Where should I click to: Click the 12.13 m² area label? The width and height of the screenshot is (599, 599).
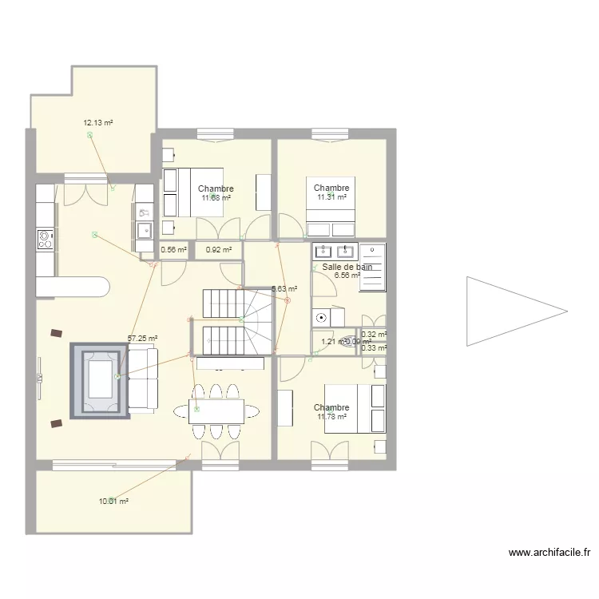pos(97,123)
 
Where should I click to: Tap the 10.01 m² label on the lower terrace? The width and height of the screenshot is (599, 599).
pos(113,502)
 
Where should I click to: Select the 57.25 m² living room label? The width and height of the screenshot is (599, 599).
pos(143,339)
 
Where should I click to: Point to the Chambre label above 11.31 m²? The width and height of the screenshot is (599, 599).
pos(331,188)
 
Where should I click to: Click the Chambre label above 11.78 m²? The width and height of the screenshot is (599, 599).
pos(331,407)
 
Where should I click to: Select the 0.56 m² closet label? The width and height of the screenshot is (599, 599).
pos(173,250)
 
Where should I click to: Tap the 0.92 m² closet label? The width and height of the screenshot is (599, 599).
pos(218,250)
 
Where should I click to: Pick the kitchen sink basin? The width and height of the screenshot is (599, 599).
pos(145,231)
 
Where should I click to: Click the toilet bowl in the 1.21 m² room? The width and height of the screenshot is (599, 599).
pos(349,343)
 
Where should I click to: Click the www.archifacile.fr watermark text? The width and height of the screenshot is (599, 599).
pos(549,552)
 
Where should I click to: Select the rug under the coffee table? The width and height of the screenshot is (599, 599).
pos(100,380)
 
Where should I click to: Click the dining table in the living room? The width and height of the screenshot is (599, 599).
pos(217,411)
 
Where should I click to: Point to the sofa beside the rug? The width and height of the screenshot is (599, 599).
pos(144,380)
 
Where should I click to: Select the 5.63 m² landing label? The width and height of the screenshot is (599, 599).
pos(284,289)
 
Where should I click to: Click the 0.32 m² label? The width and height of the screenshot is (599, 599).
pos(373,335)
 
